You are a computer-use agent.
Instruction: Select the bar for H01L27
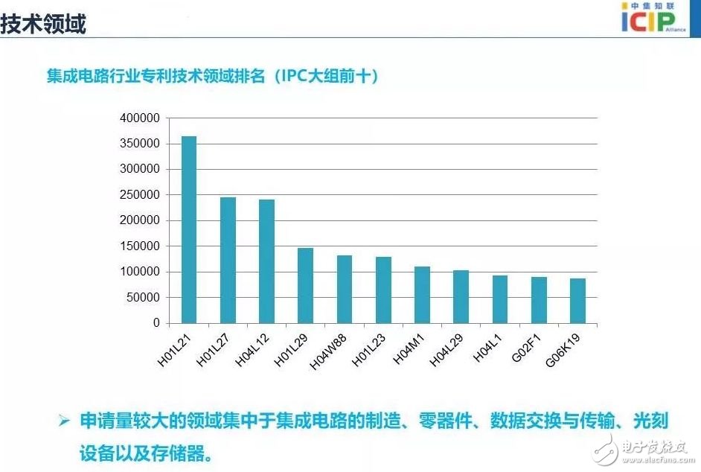pyautogui.click(x=228, y=260)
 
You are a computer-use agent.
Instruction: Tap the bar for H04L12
pyautogui.click(x=266, y=261)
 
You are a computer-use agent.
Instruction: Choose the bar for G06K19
pyautogui.click(x=577, y=301)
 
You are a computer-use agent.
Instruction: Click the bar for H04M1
pyautogui.click(x=422, y=295)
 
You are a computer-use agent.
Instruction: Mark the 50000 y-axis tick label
pyautogui.click(x=142, y=298)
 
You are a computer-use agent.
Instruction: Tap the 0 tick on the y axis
pyautogui.click(x=156, y=323)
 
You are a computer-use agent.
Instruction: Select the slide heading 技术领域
pyautogui.click(x=43, y=24)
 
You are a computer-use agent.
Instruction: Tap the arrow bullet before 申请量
pyautogui.click(x=65, y=421)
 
